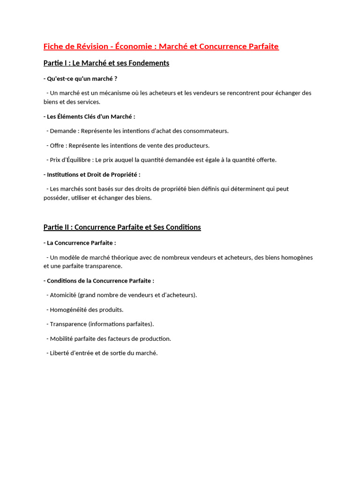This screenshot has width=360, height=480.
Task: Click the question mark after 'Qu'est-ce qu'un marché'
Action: click(x=115, y=79)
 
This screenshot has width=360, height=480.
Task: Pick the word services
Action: click(x=88, y=102)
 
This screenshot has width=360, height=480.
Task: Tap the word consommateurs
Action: click(x=205, y=131)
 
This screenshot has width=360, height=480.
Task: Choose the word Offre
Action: click(x=58, y=145)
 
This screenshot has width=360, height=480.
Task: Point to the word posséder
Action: click(x=57, y=198)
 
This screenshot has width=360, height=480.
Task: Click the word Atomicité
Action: click(x=63, y=295)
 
